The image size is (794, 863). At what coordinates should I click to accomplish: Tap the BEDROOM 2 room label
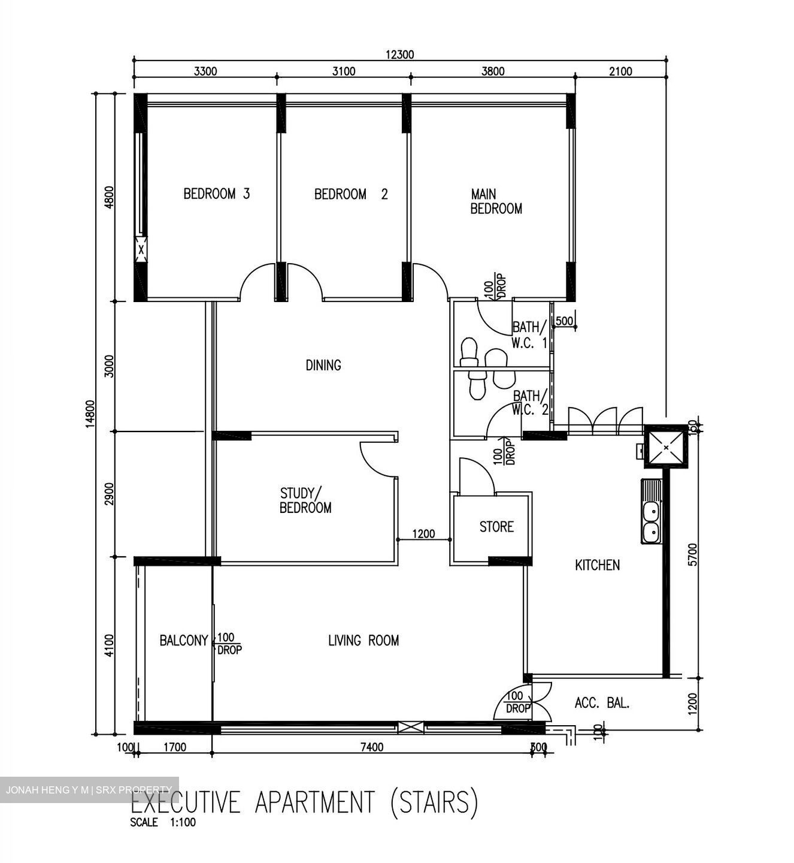click(351, 194)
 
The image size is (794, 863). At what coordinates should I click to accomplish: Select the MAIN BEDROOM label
click(496, 201)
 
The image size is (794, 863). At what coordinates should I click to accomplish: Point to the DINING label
click(323, 365)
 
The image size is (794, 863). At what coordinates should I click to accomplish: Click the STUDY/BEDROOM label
click(305, 500)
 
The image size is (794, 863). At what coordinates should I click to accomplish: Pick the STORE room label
click(496, 527)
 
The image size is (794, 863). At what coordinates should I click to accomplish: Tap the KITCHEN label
click(597, 565)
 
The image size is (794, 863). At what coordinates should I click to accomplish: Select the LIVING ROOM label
click(363, 641)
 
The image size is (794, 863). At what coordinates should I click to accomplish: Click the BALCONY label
click(183, 641)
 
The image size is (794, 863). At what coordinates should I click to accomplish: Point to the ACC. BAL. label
click(602, 703)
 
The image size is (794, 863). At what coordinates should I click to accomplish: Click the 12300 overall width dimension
click(399, 55)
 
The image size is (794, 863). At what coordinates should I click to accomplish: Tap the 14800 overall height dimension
click(90, 414)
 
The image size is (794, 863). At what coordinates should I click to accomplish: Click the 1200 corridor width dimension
click(423, 533)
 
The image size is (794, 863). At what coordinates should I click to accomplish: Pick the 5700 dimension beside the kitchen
click(693, 554)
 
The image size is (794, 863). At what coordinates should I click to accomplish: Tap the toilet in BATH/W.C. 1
click(469, 351)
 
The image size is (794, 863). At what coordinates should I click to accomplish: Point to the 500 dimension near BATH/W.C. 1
click(565, 321)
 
